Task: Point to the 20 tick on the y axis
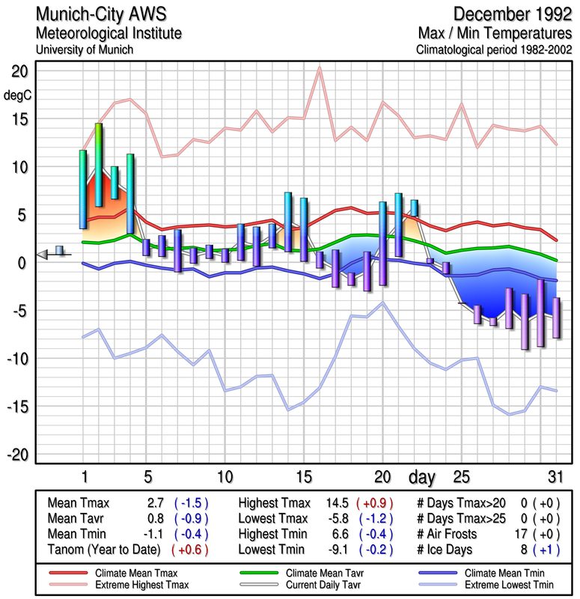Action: click(x=19, y=72)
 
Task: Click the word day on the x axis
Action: click(x=421, y=477)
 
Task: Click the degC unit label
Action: click(x=19, y=94)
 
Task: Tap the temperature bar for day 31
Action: click(x=556, y=318)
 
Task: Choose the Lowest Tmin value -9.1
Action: click(x=333, y=549)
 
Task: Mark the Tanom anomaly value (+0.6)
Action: click(x=190, y=549)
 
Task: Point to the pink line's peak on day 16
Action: click(x=320, y=68)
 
